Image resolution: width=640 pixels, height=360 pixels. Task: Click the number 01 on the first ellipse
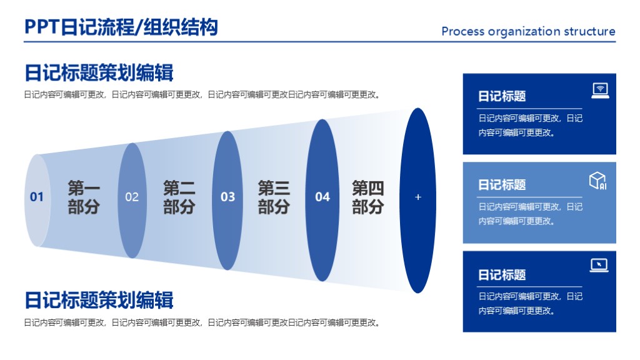(37, 197)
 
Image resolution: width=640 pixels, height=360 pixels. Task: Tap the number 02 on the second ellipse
(132, 197)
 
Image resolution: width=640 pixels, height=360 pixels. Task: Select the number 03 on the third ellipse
(227, 197)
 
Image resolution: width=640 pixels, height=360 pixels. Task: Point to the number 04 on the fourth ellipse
(322, 197)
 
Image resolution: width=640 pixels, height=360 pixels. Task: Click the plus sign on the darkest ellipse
(418, 197)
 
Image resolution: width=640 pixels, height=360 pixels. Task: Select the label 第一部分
(84, 197)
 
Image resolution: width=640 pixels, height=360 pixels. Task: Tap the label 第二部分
(179, 197)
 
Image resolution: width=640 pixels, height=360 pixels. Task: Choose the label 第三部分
(274, 197)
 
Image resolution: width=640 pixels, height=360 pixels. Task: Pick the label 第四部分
(368, 197)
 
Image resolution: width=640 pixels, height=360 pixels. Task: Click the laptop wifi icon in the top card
(600, 91)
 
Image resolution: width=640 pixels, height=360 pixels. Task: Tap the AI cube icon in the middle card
(598, 181)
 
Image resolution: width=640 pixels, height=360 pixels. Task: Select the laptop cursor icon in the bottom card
(599, 266)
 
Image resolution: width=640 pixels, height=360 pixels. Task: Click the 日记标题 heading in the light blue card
(502, 185)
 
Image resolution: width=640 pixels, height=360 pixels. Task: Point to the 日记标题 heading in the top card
(502, 96)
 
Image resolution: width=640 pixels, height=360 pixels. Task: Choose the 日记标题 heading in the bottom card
(502, 275)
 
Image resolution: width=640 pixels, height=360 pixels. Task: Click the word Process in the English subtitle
(463, 31)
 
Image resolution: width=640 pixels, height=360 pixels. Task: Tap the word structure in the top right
(589, 31)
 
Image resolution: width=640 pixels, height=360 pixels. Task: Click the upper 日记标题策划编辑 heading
(99, 72)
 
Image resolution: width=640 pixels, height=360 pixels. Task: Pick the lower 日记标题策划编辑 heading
(99, 300)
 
